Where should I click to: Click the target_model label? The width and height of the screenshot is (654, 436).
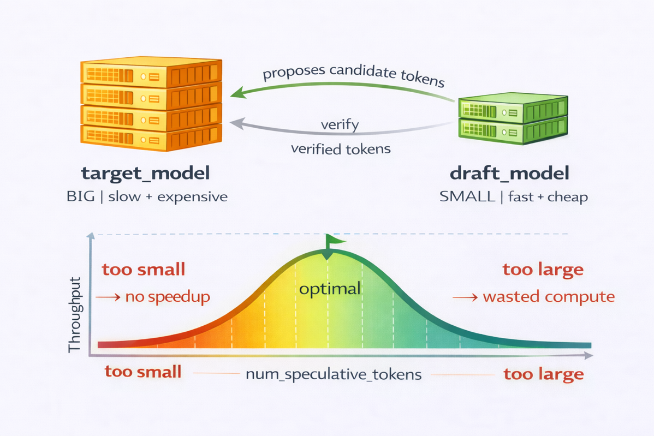(145, 174)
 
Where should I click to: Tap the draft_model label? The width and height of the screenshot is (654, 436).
(509, 174)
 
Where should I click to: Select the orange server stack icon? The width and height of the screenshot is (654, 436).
(151, 104)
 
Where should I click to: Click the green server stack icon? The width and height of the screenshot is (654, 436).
(513, 119)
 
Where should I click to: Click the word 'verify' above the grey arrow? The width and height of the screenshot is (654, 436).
(340, 125)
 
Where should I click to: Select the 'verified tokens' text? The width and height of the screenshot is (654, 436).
(341, 148)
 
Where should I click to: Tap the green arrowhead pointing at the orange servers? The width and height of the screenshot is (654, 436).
(236, 93)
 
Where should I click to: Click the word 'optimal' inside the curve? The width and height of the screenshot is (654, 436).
(330, 288)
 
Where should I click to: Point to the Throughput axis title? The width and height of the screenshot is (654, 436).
(75, 315)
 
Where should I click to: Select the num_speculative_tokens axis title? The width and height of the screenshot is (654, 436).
(333, 375)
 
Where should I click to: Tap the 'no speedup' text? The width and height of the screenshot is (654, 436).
(168, 297)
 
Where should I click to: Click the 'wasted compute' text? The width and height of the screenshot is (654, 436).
(549, 297)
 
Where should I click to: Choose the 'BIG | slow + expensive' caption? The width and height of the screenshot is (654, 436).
(146, 196)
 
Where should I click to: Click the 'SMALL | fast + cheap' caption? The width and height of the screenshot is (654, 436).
(513, 196)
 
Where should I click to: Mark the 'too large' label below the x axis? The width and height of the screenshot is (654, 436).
(543, 375)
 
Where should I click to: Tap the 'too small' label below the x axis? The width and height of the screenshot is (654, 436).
(142, 372)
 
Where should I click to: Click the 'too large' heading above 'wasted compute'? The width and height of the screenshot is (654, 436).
(543, 270)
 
